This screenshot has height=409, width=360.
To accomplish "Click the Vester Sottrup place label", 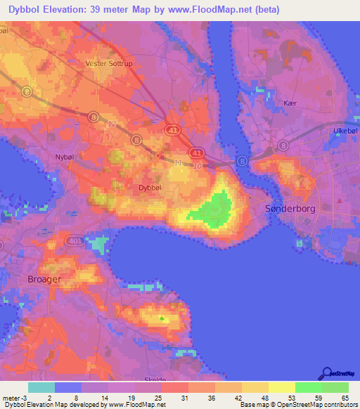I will point(108,63).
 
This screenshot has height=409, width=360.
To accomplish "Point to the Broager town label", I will point(44,279).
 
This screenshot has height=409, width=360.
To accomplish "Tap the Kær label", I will point(287,102).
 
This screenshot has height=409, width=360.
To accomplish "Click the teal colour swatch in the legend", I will point(41,387).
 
